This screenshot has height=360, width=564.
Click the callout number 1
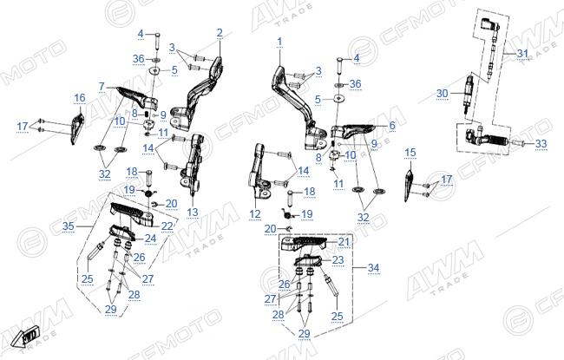(x=279, y=43)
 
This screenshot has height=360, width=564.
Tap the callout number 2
(x=220, y=33)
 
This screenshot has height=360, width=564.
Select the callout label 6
(x=392, y=125)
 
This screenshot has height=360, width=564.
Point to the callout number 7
(x=102, y=87)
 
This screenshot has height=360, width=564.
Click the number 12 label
(x=255, y=214)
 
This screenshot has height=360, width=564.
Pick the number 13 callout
(x=193, y=213)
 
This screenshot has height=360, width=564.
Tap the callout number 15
(x=410, y=153)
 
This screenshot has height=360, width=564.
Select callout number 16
(x=80, y=97)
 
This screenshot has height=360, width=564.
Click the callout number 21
(x=344, y=242)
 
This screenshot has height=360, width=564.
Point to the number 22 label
(x=167, y=226)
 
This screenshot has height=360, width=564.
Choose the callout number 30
(x=443, y=94)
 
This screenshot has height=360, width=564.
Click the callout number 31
(x=522, y=54)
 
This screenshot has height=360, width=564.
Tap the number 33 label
(x=541, y=143)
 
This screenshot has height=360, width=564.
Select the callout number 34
(x=373, y=267)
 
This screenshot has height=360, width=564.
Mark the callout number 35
(x=69, y=226)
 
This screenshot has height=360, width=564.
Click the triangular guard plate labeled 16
(x=77, y=128)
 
